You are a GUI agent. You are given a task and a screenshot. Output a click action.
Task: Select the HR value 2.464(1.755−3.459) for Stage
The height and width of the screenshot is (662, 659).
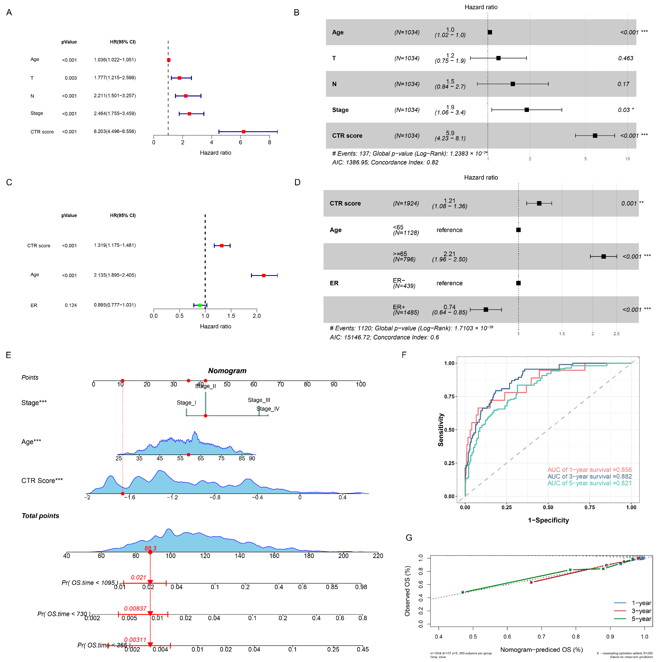coord(115,113)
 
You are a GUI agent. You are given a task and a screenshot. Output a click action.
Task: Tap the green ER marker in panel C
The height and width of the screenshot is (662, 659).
coord(200,305)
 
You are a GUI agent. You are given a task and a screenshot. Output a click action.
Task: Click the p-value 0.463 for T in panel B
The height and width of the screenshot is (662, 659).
coord(625,58)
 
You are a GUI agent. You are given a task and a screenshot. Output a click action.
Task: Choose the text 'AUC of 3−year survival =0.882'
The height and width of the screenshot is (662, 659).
coord(589,476)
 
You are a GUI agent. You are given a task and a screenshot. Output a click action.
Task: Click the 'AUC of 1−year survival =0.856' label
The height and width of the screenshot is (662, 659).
coord(589,470)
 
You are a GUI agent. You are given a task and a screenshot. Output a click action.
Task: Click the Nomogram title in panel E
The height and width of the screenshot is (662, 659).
coord(227,371)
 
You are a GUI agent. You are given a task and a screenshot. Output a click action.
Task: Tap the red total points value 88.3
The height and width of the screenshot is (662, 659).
coord(150,548)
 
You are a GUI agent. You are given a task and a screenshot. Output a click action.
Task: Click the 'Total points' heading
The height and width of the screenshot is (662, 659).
coord(40,516)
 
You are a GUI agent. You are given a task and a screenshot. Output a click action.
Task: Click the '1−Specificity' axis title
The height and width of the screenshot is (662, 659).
coord(548,520)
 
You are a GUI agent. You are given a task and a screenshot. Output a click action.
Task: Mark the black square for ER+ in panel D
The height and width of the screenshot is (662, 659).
coord(486,309)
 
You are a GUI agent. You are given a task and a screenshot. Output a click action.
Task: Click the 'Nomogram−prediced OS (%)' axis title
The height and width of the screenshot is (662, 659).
coord(541,650)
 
